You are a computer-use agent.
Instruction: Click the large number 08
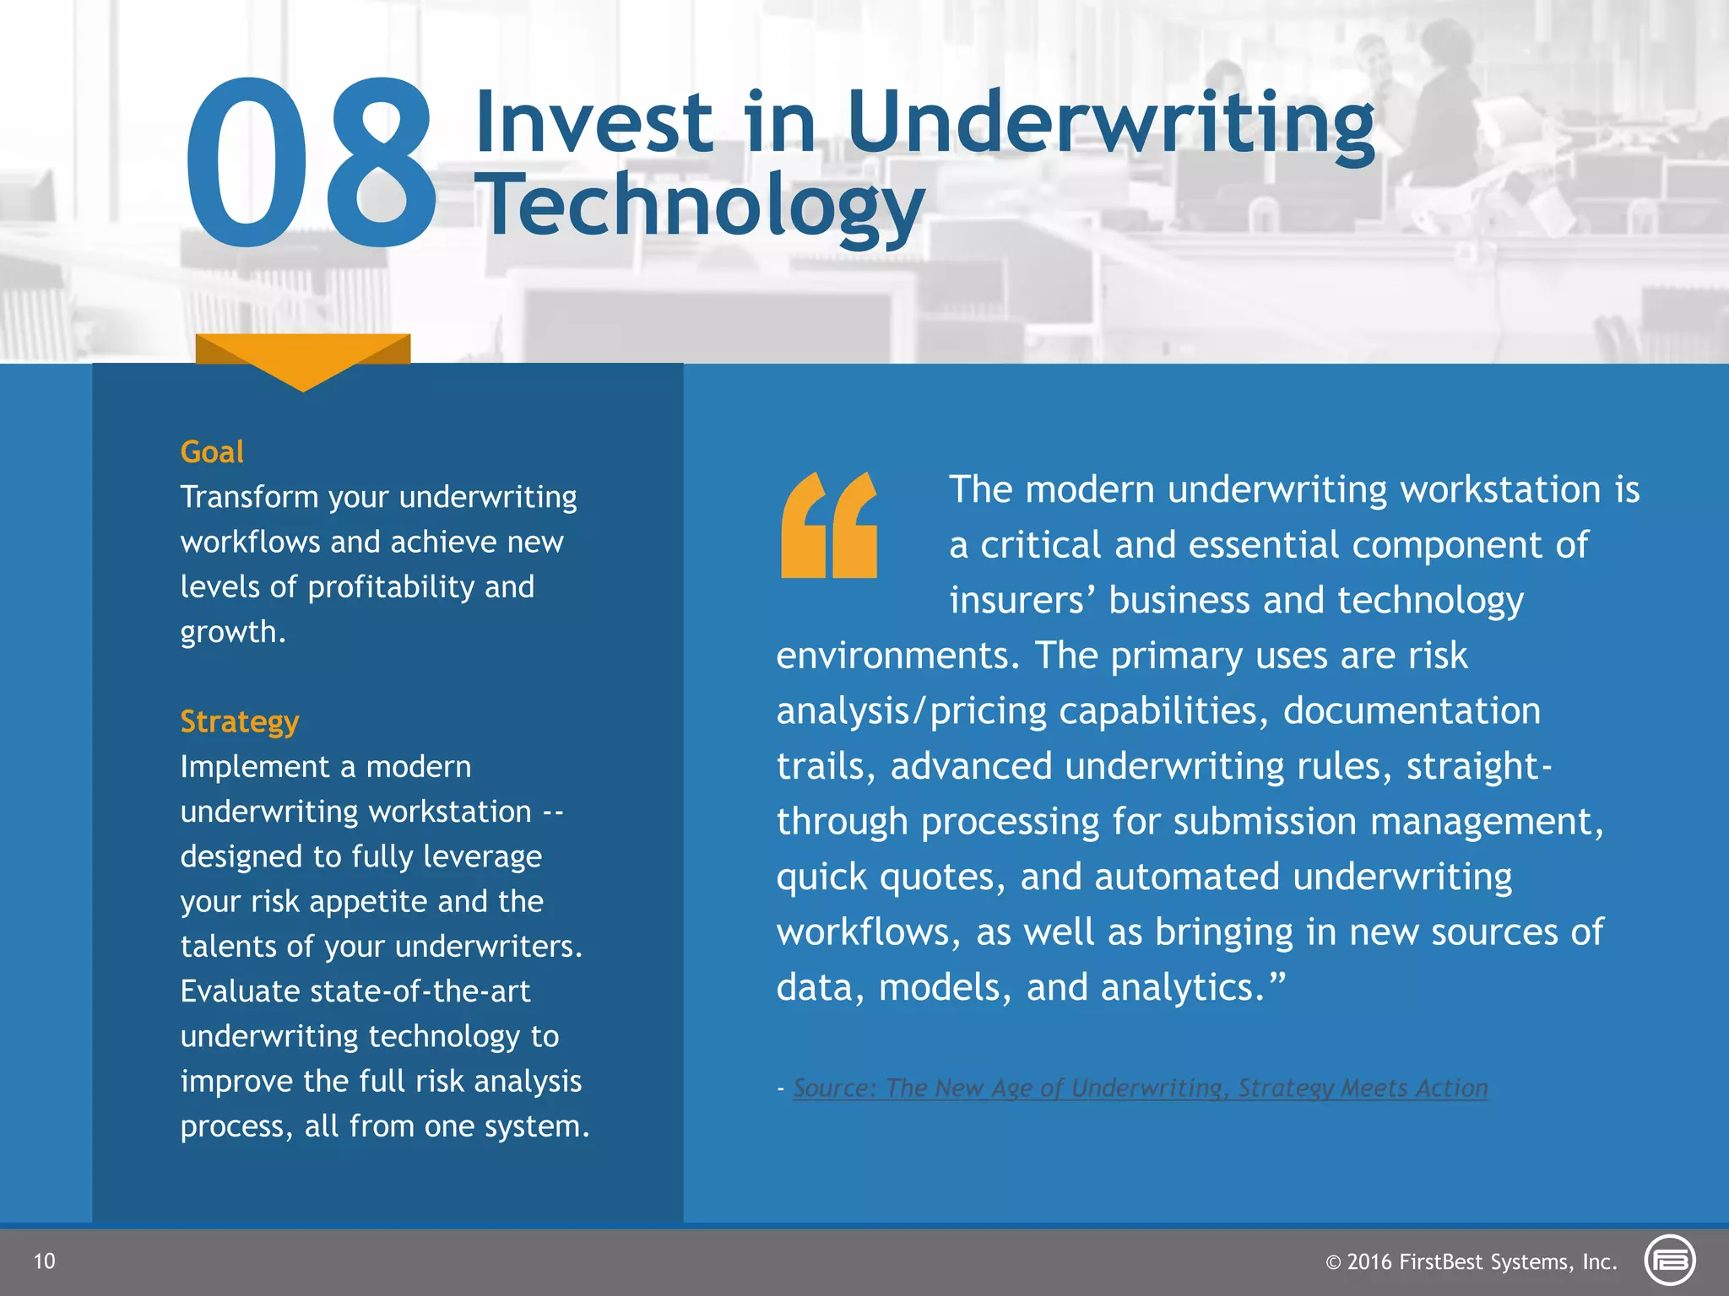[311, 162]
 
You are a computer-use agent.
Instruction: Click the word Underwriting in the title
[1111, 123]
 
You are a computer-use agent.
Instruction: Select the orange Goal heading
[212, 452]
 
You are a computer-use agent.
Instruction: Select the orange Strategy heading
[240, 722]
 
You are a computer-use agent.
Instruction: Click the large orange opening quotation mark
[829, 525]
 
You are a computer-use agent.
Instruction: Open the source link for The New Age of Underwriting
[1140, 1088]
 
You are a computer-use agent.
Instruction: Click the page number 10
[44, 1261]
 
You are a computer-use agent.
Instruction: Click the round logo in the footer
[1670, 1261]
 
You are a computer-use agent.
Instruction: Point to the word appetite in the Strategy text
[371, 902]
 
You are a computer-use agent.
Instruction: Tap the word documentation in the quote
[1412, 711]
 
